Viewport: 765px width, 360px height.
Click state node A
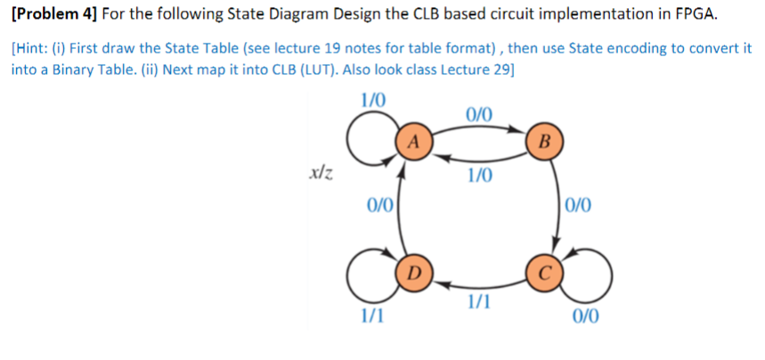(411, 142)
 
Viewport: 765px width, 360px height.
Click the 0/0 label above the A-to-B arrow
(477, 114)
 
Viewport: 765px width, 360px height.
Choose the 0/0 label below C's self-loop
(587, 315)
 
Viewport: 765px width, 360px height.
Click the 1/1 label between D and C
(479, 303)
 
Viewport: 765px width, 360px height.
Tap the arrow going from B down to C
(557, 205)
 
